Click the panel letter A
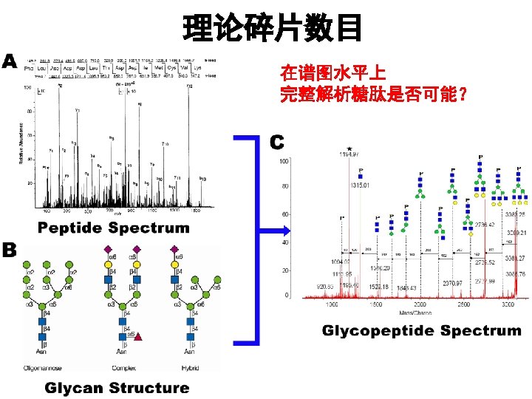tap(10, 61)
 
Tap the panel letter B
tap(10, 250)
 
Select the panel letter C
tap(277, 140)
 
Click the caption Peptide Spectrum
tap(114, 228)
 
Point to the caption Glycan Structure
tap(117, 387)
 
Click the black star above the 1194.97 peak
tap(348, 149)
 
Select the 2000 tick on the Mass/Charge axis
tap(420, 304)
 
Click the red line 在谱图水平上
tap(332, 74)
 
